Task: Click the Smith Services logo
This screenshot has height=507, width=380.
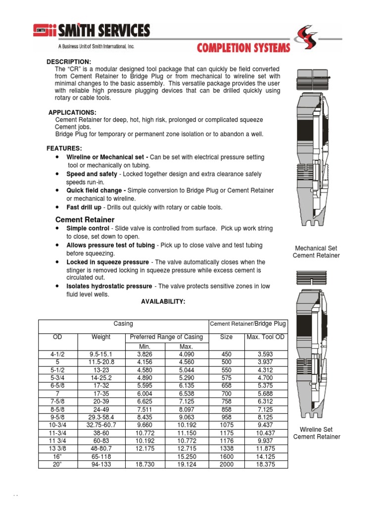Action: point(92,32)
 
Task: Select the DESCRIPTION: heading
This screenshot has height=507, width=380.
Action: point(69,61)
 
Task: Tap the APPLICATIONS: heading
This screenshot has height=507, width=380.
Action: point(72,112)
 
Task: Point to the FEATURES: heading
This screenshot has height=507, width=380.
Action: point(64,149)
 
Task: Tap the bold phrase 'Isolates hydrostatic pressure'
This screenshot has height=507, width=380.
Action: point(109,286)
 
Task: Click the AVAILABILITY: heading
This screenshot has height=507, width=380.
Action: point(163,302)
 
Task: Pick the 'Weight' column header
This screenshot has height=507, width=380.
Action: point(101,337)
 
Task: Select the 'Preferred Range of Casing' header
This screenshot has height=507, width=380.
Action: point(166,337)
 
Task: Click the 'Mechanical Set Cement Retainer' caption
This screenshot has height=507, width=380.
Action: point(316,252)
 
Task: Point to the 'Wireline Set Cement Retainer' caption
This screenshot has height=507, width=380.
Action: point(317,433)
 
